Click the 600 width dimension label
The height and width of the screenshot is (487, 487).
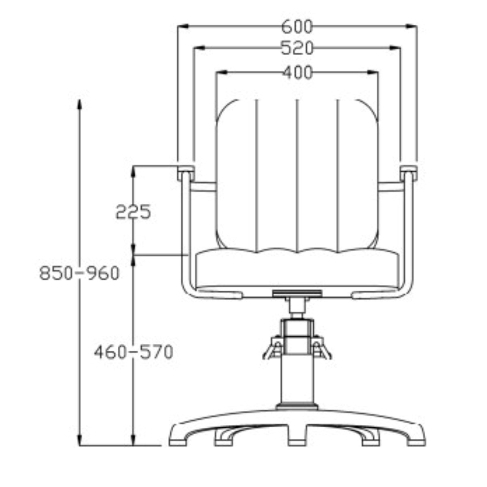[x=297, y=27]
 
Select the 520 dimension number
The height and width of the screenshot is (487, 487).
[x=297, y=48]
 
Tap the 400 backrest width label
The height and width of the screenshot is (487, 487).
[x=297, y=73]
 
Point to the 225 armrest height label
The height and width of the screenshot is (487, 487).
[x=133, y=211]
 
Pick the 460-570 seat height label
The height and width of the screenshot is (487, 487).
[x=134, y=352]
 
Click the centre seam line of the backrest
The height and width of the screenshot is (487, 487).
[x=297, y=176]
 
